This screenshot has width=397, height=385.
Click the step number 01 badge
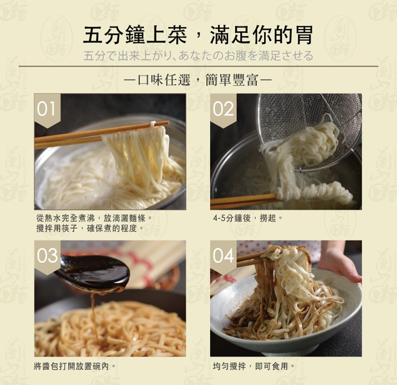(x=47, y=110)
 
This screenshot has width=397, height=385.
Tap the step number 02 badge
(x=223, y=110)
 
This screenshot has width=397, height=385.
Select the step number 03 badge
(x=47, y=256)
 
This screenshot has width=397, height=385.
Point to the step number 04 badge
(x=223, y=256)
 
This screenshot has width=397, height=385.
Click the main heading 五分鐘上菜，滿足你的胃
(x=198, y=35)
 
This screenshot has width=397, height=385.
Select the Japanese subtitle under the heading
(x=198, y=56)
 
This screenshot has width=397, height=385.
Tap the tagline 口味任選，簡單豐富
(x=198, y=80)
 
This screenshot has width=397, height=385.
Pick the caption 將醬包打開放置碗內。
(x=75, y=366)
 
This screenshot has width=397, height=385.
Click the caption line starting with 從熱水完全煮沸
(x=94, y=218)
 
